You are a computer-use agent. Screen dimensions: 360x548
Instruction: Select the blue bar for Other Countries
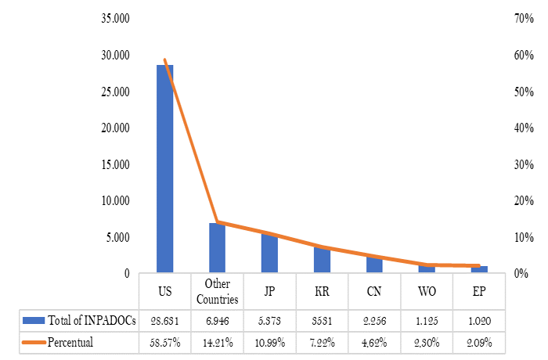click(x=217, y=248)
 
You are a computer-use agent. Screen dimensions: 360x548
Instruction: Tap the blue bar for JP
click(x=269, y=253)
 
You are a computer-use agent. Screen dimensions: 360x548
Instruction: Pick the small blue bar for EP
click(x=479, y=269)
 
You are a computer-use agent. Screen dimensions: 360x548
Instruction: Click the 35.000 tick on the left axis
click(x=116, y=18)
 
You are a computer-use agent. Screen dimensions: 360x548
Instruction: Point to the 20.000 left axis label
click(x=116, y=128)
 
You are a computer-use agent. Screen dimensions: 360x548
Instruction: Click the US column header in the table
click(x=164, y=291)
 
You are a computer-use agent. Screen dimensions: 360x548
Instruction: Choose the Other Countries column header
click(x=217, y=291)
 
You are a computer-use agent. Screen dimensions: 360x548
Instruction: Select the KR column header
click(x=322, y=291)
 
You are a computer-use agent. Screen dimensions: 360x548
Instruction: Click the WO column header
click(x=427, y=291)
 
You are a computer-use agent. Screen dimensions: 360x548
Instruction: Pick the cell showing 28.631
click(x=164, y=320)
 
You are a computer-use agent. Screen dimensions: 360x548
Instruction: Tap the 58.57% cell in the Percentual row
click(x=164, y=342)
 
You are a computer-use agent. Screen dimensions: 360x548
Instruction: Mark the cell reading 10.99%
click(x=269, y=342)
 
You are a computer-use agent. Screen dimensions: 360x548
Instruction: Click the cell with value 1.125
click(x=427, y=320)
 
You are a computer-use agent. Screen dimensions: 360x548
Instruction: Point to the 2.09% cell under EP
click(x=479, y=342)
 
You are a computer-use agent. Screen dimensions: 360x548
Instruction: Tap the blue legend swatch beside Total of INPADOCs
click(x=34, y=320)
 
